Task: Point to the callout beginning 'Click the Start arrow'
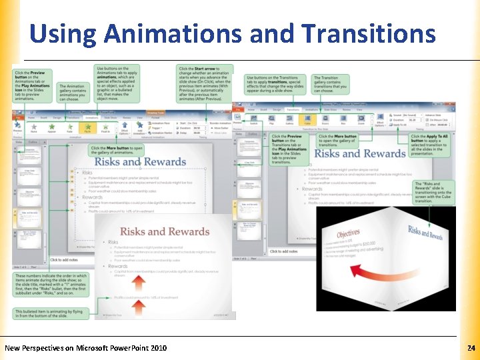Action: [x=205, y=82]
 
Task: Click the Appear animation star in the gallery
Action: [x=51, y=125]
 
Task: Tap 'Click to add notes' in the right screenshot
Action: [x=284, y=251]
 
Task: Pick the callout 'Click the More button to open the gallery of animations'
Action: [x=117, y=150]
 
